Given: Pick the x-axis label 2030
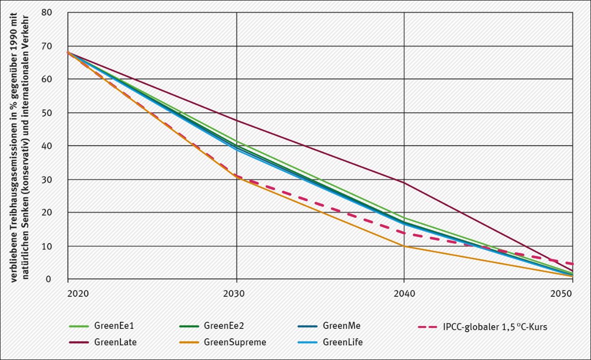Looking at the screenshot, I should [236, 293].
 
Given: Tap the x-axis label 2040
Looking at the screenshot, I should [404, 293].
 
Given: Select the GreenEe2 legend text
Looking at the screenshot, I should [224, 326].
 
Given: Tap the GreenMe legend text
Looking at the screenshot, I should [342, 326].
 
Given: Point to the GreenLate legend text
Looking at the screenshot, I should [115, 342].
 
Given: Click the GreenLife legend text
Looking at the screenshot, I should [343, 342].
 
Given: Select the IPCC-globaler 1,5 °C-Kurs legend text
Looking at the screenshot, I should [495, 327].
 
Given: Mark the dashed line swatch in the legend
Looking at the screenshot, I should [429, 326].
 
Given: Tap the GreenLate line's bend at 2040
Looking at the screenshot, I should [404, 183].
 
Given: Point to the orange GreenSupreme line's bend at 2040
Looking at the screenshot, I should [404, 246].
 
